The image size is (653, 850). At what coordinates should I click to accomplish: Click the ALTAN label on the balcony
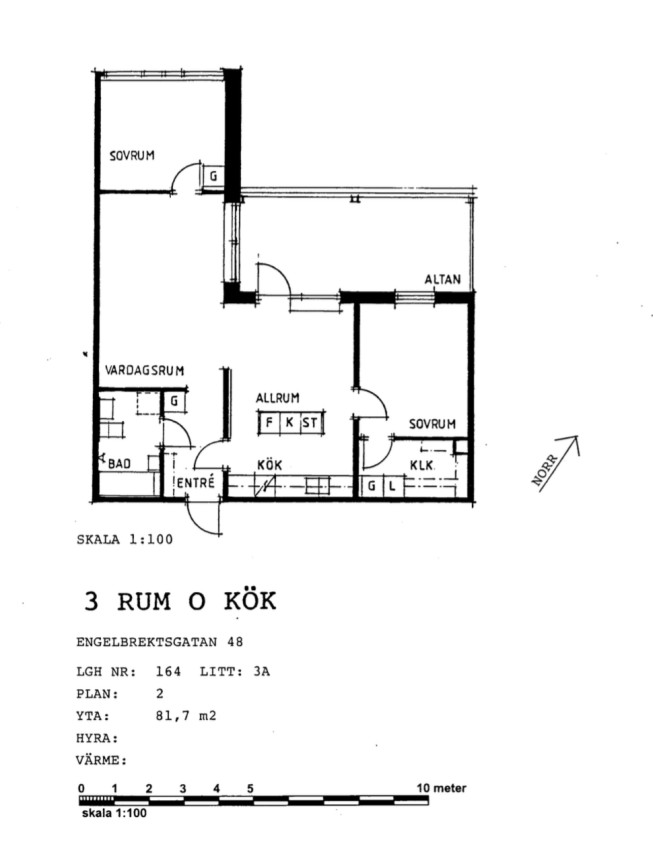tap(442, 279)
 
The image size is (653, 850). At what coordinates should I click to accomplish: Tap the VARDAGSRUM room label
tap(144, 371)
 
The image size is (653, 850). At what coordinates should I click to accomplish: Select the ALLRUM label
tap(277, 398)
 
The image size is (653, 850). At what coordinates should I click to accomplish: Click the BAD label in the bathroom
tap(119, 464)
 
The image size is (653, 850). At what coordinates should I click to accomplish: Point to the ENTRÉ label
tap(196, 482)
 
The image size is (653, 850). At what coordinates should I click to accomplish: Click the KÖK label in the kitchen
tap(269, 465)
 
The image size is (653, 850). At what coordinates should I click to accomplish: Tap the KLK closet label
tap(422, 465)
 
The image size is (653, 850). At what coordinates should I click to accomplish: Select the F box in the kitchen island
tap(269, 422)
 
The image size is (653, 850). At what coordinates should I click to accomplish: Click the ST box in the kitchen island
tap(311, 422)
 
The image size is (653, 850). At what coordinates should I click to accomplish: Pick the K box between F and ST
tap(289, 422)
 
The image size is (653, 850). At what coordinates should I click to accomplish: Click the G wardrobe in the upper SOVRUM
tap(213, 176)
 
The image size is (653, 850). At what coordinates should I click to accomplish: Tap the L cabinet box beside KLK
tap(392, 486)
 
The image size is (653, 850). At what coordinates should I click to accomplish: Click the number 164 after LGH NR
tap(168, 672)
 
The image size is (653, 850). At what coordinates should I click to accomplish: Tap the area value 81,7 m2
tap(186, 716)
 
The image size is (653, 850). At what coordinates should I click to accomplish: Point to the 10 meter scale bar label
tap(441, 788)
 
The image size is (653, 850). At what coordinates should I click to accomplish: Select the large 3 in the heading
tap(91, 602)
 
